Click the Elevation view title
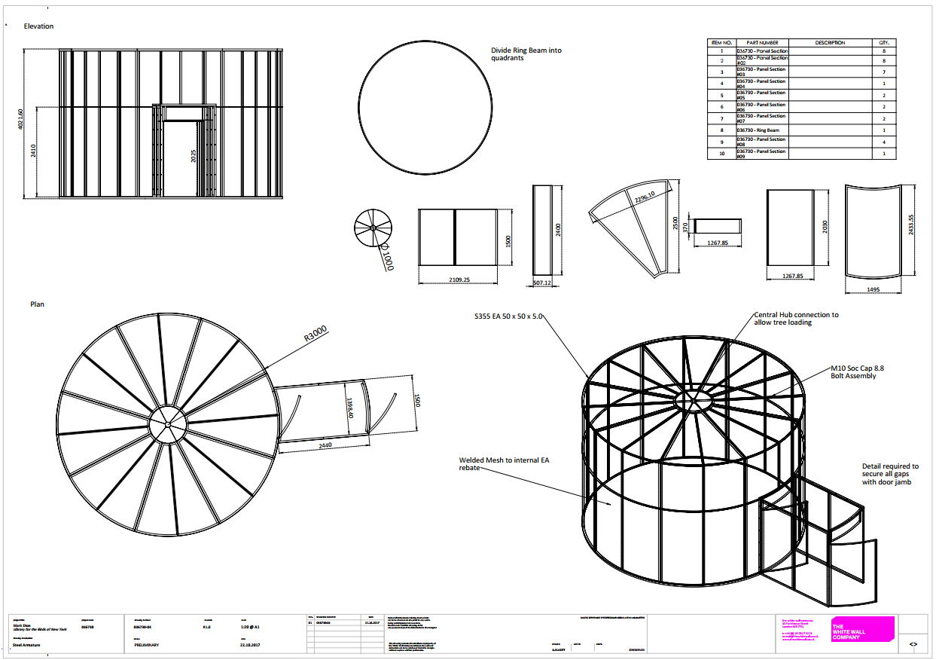38,26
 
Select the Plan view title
37,304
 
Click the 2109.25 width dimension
458,279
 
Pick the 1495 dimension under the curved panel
873,289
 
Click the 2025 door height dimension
194,155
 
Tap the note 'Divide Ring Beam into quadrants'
526,54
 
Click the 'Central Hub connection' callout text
796,318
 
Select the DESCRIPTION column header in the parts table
830,43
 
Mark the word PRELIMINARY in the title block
147,645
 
